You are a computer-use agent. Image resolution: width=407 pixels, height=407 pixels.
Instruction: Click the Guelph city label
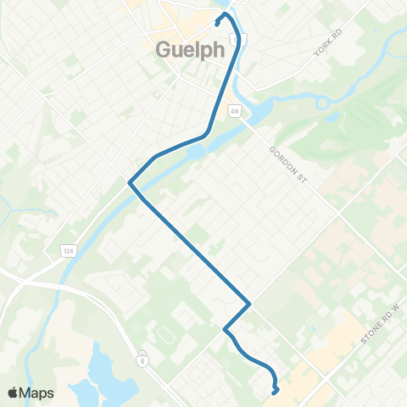(x=190, y=49)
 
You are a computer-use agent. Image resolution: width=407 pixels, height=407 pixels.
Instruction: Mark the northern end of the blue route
(x=218, y=23)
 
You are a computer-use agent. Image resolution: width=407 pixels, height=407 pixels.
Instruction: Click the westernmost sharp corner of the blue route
(x=129, y=181)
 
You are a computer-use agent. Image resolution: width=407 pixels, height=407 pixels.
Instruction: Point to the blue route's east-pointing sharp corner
(x=248, y=304)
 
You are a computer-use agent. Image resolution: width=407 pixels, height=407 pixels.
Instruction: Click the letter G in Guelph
(x=164, y=49)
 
